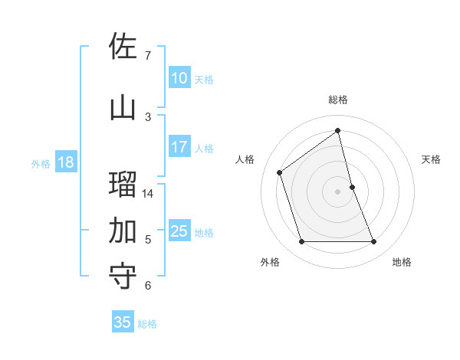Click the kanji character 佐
click(x=123, y=47)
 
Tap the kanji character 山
click(x=123, y=107)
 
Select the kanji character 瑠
click(x=123, y=185)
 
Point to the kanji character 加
click(x=123, y=230)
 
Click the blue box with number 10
click(x=179, y=78)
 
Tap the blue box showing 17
click(x=179, y=147)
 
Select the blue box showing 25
click(x=179, y=231)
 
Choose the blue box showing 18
click(x=65, y=162)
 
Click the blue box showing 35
click(x=123, y=322)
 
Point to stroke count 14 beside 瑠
click(x=148, y=193)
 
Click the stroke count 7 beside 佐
click(x=147, y=55)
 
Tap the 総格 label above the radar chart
click(x=338, y=100)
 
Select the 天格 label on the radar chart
click(x=432, y=159)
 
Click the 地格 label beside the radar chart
click(x=402, y=262)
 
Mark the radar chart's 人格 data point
click(x=280, y=172)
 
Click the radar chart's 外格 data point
click(x=301, y=242)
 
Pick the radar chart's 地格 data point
click(x=374, y=242)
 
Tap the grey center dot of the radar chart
click(x=338, y=191)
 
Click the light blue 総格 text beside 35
click(x=147, y=324)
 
